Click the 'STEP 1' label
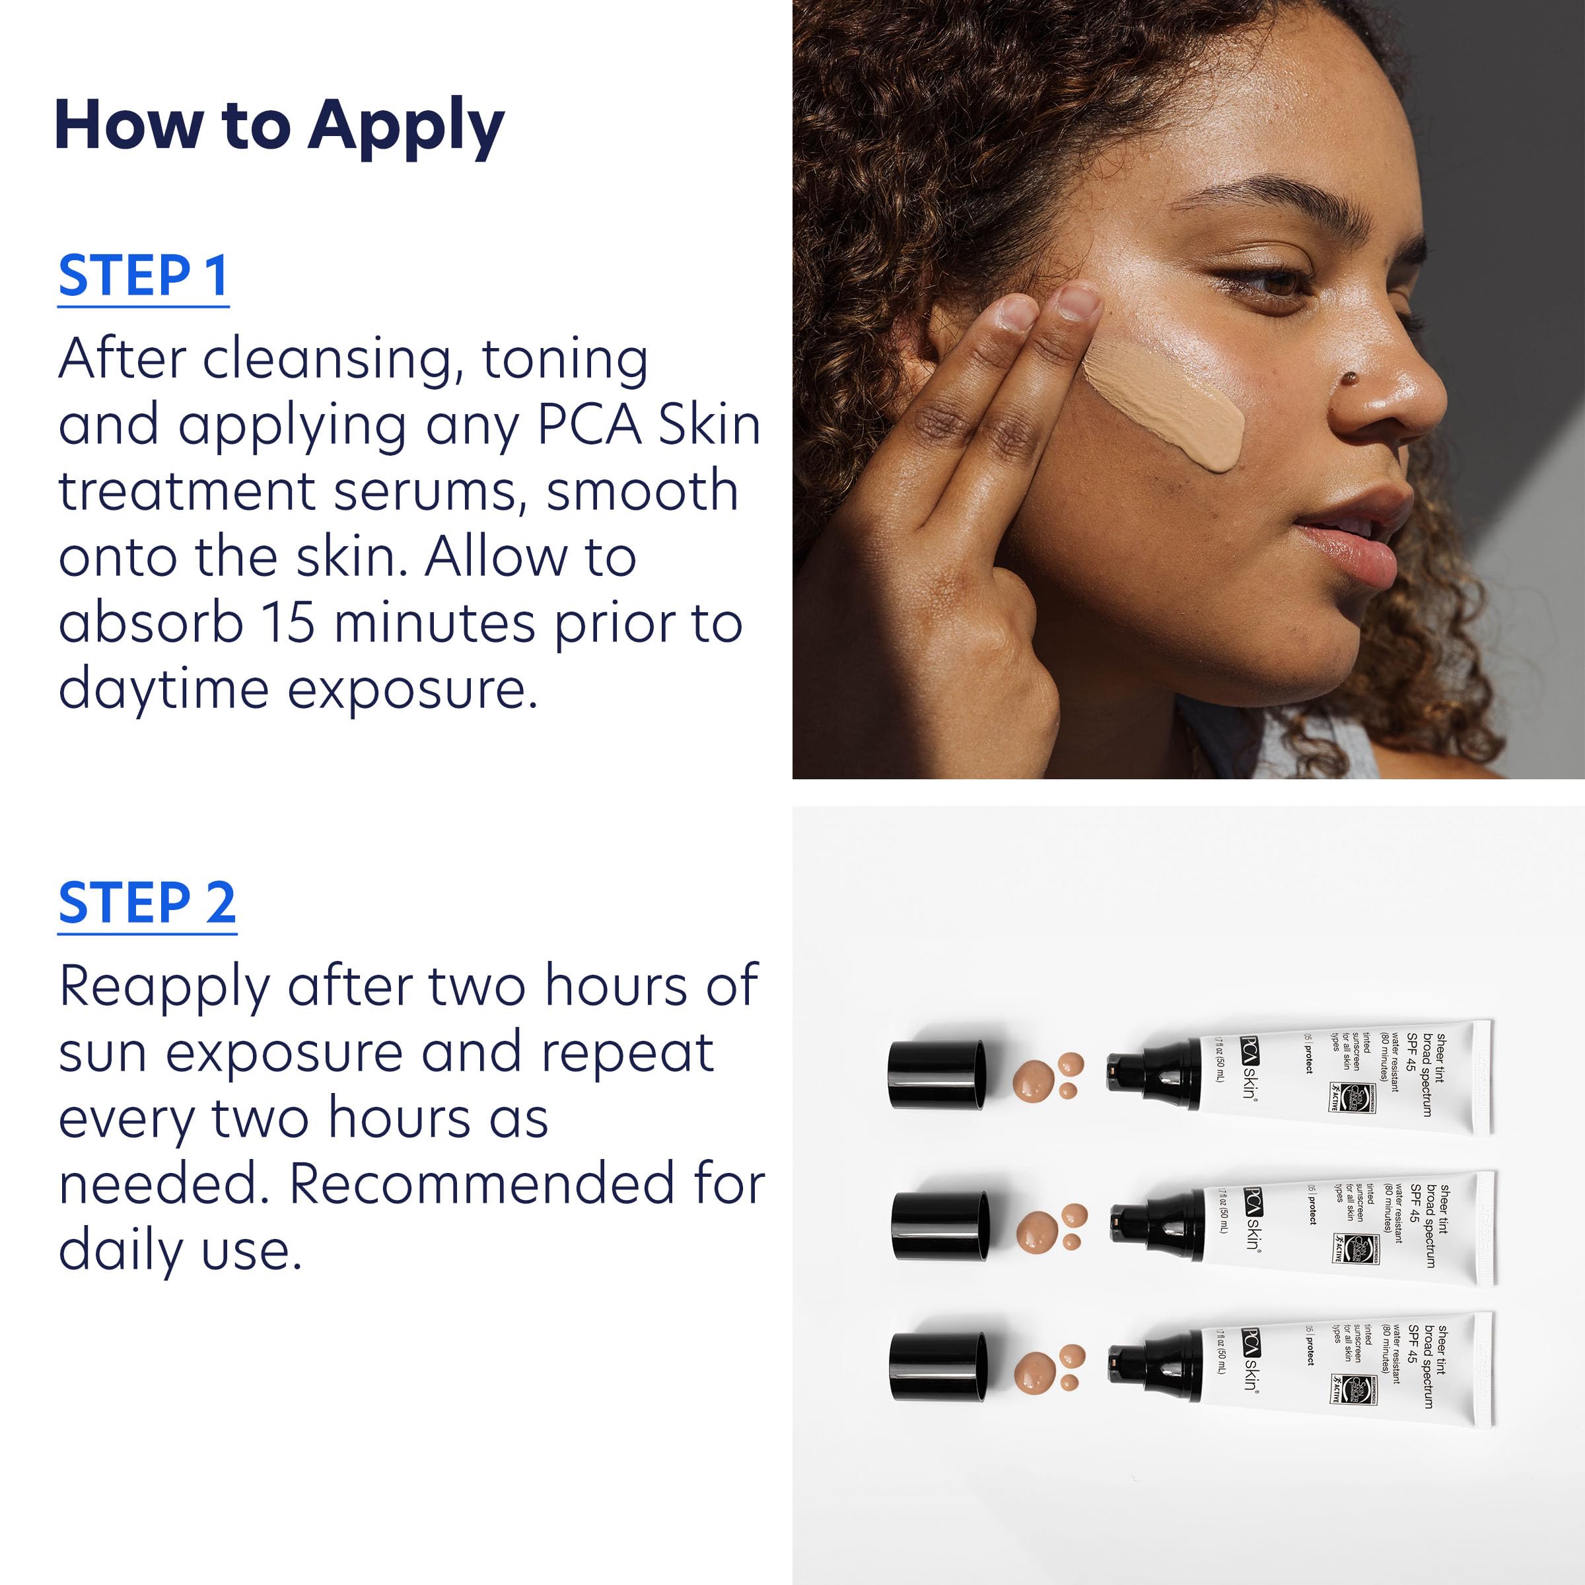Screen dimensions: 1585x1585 click(143, 277)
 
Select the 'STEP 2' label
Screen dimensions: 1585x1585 click(147, 904)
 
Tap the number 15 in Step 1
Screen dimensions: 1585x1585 click(288, 623)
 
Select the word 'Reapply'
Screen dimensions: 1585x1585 click(164, 986)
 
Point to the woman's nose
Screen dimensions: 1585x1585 click(1386, 386)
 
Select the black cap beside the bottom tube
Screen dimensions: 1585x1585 click(938, 1367)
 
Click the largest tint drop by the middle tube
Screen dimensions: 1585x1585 click(1038, 1230)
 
